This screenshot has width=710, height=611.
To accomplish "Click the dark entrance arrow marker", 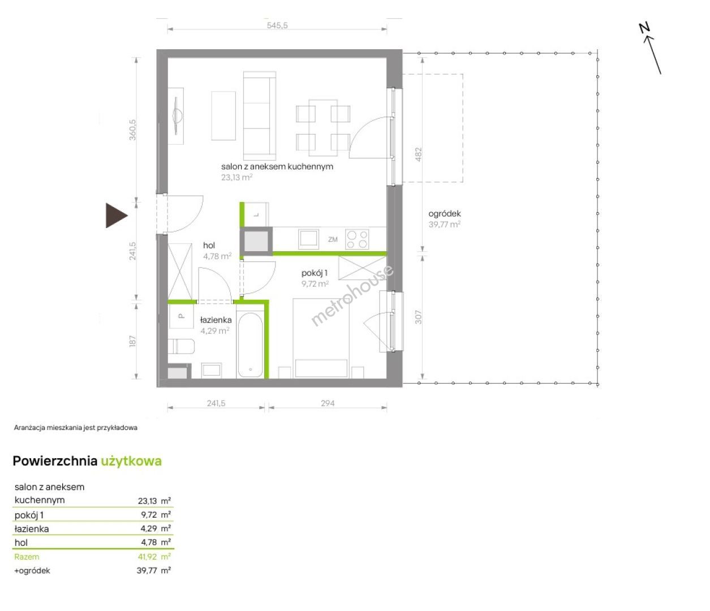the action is (x=116, y=216).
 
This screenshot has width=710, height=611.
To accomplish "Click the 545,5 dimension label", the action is (x=277, y=25).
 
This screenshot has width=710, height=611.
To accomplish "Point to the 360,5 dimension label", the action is (x=132, y=130).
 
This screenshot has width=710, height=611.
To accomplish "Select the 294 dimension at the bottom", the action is (x=328, y=403).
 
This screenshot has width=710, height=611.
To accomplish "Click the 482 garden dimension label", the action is (x=418, y=154).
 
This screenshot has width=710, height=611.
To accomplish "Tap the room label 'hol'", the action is (x=209, y=245).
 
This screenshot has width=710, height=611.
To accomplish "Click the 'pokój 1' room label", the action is (x=315, y=273).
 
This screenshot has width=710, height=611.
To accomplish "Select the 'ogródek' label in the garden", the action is (x=445, y=213).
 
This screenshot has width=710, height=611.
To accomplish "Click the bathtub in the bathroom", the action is (x=250, y=345).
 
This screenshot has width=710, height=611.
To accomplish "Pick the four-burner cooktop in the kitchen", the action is (x=357, y=239).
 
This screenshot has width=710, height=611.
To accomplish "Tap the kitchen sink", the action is (x=308, y=239).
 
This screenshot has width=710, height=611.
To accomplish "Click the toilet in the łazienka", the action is (x=181, y=346).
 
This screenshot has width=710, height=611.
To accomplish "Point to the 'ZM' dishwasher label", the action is (x=333, y=239).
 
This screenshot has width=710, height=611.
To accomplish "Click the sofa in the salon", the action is (x=260, y=115).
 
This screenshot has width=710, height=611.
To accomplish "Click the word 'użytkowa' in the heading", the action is (x=131, y=461).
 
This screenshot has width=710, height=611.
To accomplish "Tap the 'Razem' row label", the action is (x=27, y=557).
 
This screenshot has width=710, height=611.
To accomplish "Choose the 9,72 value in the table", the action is (x=149, y=514).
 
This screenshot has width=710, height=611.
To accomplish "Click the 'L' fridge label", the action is (x=256, y=215).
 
